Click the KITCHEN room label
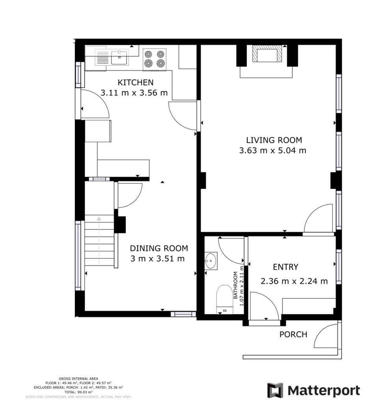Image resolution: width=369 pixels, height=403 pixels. coord(135,83)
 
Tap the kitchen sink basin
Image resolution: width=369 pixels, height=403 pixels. coord(119,57)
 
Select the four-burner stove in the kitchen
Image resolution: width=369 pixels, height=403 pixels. coord(154,59)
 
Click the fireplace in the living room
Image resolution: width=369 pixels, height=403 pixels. coord(267,54)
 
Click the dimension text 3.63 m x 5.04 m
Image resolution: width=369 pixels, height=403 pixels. coord(272,150)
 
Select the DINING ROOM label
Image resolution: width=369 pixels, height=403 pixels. coord(159,248)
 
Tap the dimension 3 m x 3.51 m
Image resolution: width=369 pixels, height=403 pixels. coord(158,259)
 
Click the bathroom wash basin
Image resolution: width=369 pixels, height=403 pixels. coord(211,261)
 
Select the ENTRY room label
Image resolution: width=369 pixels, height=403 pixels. coord(285,267)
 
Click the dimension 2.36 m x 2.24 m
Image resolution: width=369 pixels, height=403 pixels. coord(294,281)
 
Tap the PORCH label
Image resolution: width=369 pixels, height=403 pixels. coord(293,335)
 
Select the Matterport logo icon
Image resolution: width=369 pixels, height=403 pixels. coord(275,390)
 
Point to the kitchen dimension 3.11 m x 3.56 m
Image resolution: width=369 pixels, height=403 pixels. coord(134,93)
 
